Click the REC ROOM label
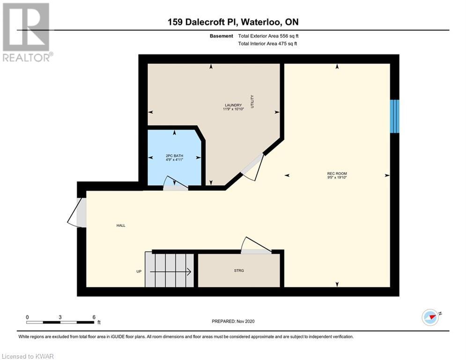click(x=337, y=173)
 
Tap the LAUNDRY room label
click(x=233, y=105)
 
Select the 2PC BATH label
click(x=174, y=156)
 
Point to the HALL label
click(x=121, y=225)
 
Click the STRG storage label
click(x=239, y=270)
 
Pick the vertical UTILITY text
click(x=252, y=101)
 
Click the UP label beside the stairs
click(x=139, y=271)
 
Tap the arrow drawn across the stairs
click(x=170, y=271)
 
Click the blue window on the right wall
click(x=395, y=116)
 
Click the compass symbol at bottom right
click(x=430, y=317)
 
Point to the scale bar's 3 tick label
click(x=60, y=317)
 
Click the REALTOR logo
click(x=27, y=32)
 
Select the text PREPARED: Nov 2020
click(x=233, y=321)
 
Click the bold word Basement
click(x=222, y=36)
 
